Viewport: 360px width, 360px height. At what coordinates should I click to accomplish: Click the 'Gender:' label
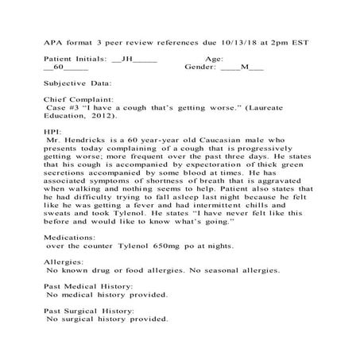pos(200,68)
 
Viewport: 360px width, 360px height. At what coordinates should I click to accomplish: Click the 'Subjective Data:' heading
pos(78,83)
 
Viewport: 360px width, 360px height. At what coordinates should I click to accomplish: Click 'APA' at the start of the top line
pos(54,41)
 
